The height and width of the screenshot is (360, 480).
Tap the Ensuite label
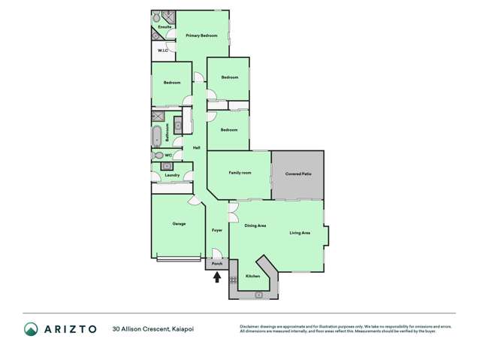165,26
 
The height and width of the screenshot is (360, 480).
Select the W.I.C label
162,51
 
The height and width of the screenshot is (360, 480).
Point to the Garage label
179,223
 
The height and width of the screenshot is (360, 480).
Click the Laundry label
172,175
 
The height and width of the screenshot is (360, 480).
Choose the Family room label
240,173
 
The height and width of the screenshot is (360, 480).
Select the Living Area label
300,233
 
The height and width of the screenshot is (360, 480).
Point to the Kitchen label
253,277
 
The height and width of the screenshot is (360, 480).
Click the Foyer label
216,229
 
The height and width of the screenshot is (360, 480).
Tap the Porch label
216,264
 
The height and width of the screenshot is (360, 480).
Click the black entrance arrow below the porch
217,277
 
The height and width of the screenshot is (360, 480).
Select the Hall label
196,147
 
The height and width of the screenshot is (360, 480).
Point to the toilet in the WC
158,156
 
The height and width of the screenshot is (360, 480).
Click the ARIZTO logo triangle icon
31,329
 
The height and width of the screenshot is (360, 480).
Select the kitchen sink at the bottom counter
258,295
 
